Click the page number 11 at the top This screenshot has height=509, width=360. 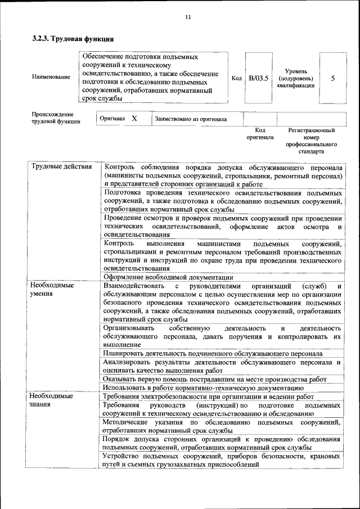188,17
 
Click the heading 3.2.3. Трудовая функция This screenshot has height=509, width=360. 73,39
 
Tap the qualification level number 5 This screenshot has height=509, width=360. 333,78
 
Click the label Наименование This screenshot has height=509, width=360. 51,77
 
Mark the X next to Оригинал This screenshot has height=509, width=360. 134,119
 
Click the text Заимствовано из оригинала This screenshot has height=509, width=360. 191,119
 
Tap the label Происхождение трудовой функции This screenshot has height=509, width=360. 56,118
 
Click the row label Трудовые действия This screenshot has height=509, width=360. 62,168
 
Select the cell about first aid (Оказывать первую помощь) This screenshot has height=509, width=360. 214,379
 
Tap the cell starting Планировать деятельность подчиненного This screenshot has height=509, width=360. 212,353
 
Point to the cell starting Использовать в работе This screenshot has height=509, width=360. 203,388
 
